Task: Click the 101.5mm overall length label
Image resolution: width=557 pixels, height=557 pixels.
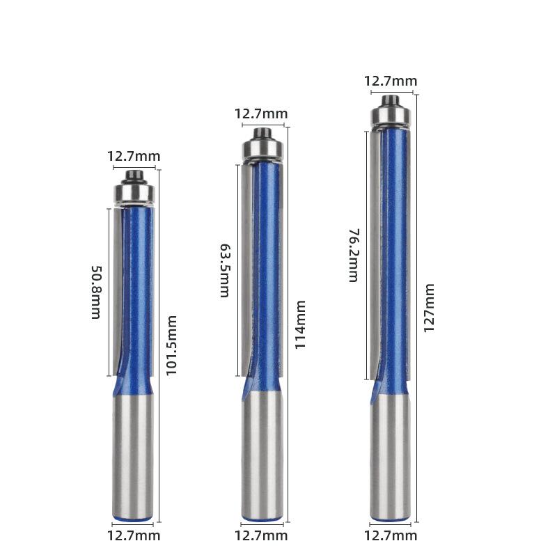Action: click(x=171, y=345)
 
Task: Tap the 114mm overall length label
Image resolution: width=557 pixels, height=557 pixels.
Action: click(x=301, y=324)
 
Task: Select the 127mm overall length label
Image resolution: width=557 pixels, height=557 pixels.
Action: click(x=429, y=308)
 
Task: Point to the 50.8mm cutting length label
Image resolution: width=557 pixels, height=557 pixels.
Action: click(x=97, y=292)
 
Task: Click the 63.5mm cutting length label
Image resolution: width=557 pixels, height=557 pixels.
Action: click(x=225, y=270)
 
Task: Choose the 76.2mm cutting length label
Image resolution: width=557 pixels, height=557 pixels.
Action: click(x=354, y=255)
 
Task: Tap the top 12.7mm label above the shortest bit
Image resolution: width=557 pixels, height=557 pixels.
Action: click(x=134, y=156)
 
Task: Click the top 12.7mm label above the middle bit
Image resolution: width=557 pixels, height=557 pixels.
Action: click(x=261, y=114)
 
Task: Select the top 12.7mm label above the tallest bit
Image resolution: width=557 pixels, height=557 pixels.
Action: click(x=391, y=81)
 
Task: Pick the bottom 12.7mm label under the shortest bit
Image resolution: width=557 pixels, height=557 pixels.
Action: click(x=134, y=535)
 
